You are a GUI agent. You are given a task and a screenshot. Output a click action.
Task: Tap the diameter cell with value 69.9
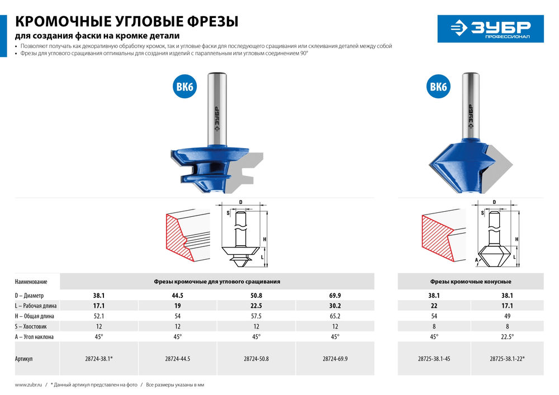(335, 295)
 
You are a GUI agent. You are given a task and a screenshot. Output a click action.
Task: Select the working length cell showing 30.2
(335, 306)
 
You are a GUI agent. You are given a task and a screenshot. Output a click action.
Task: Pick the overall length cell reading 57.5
(256, 316)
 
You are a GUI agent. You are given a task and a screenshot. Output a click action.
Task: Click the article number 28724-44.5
(177, 359)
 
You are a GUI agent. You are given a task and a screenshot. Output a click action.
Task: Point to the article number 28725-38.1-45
(434, 359)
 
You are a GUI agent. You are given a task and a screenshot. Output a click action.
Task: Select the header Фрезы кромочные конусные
(471, 282)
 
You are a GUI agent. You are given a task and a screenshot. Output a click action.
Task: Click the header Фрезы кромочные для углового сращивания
(217, 282)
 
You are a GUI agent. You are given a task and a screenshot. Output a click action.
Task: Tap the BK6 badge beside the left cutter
(184, 87)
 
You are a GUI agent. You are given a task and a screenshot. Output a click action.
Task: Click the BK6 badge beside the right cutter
(438, 87)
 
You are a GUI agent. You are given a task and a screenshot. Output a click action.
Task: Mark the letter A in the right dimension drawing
(477, 260)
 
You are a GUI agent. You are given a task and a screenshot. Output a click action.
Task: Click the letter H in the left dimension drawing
(264, 239)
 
